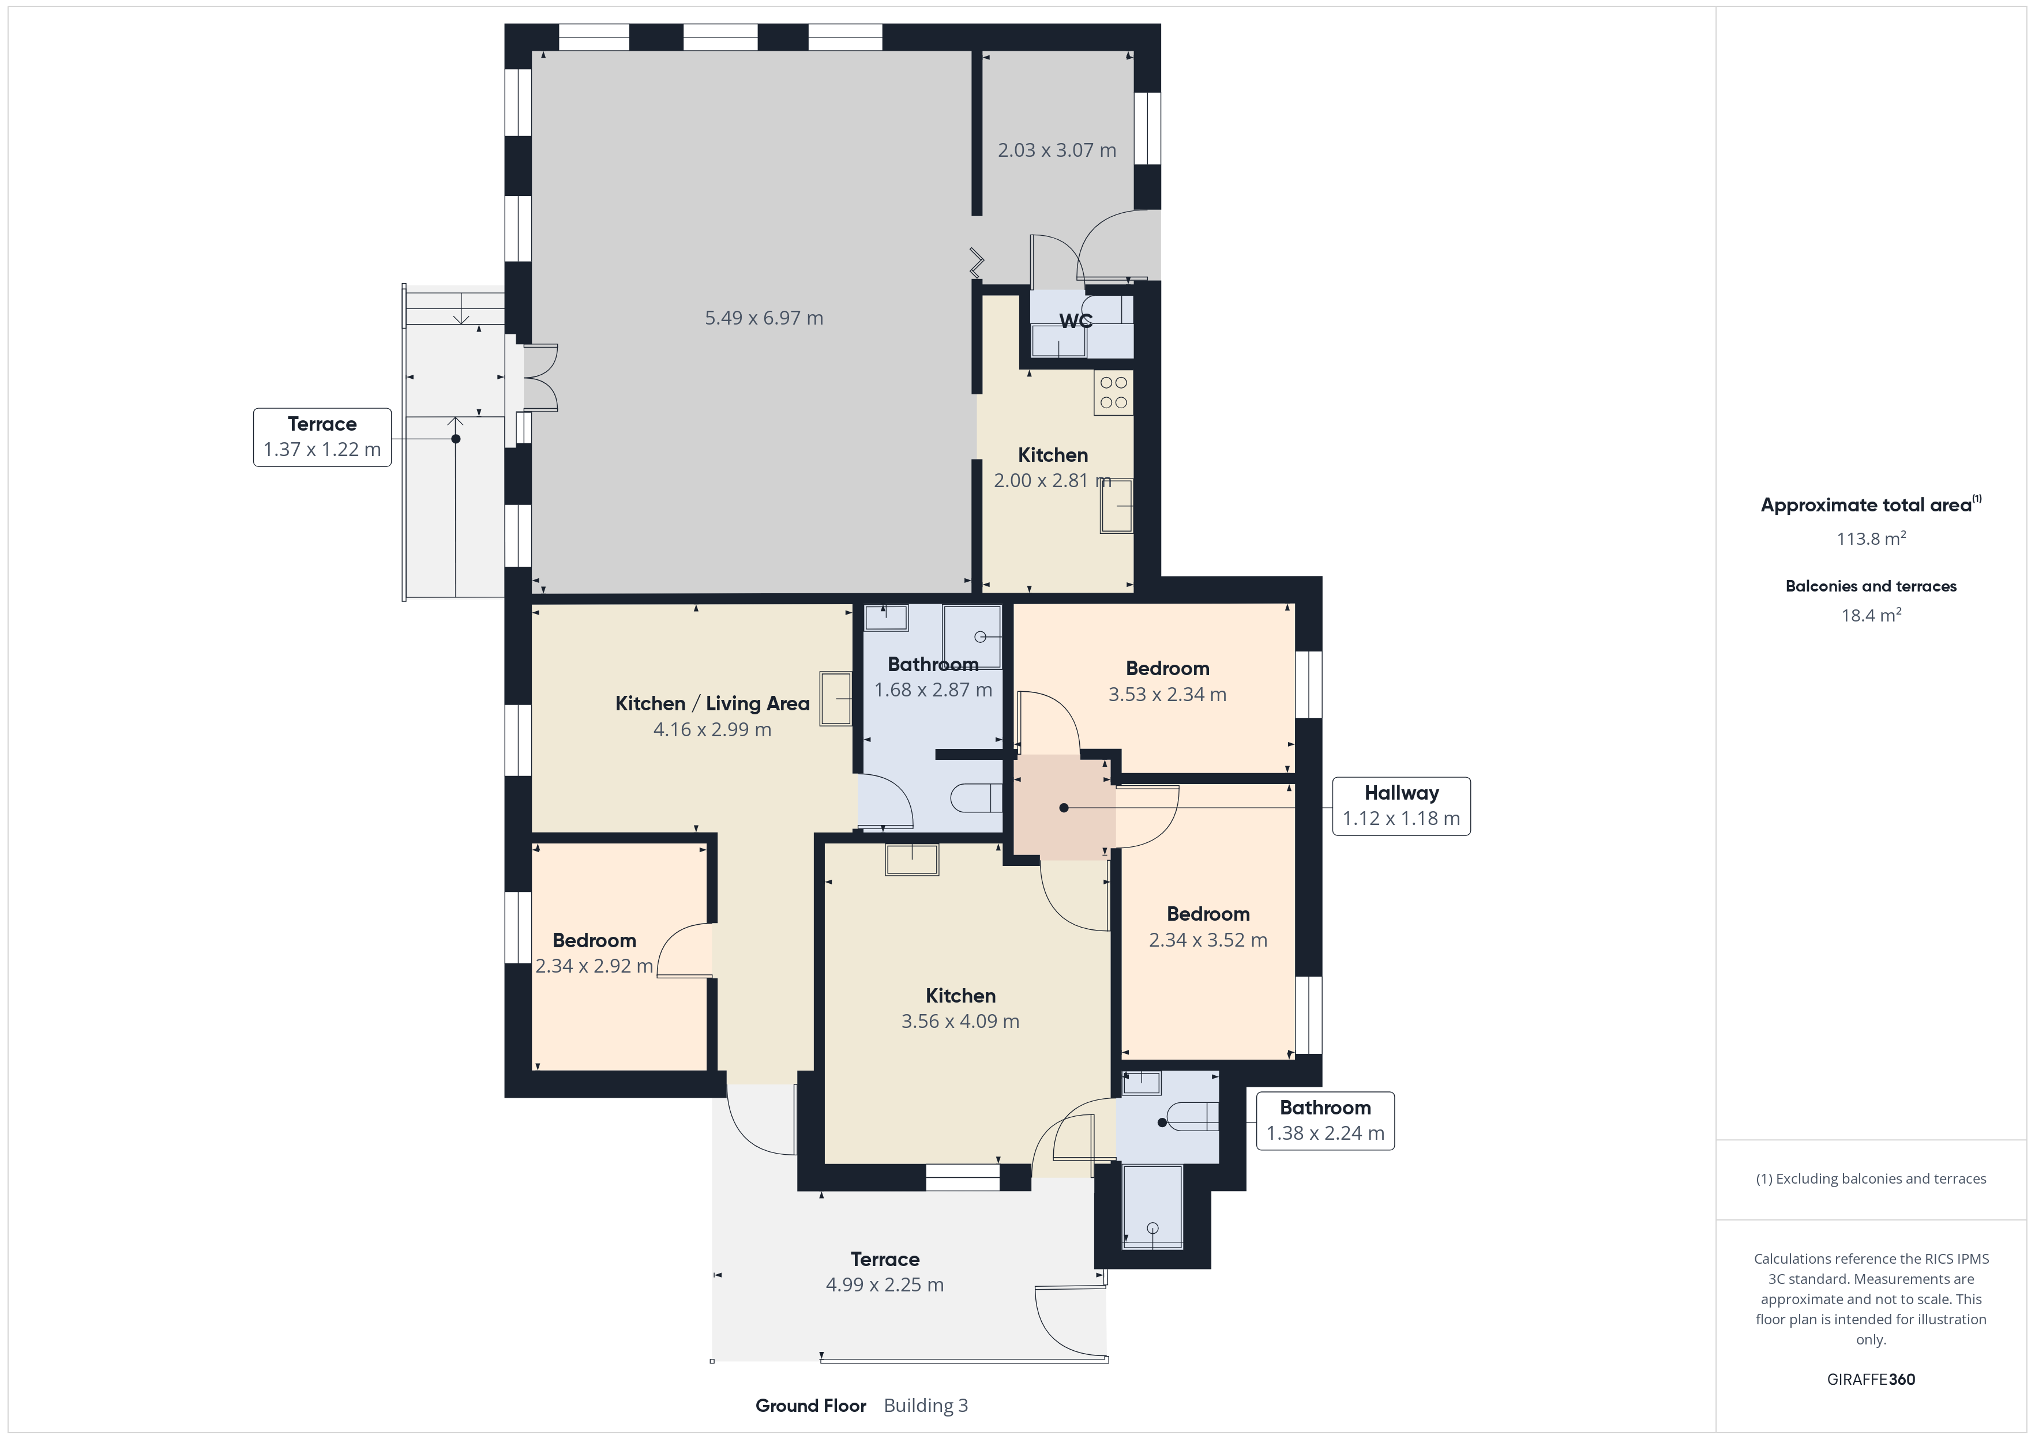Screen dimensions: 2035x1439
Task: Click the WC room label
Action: [x=1075, y=321]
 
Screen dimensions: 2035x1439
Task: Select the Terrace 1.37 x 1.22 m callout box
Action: [x=322, y=437]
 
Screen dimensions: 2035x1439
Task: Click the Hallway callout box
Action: [x=1401, y=807]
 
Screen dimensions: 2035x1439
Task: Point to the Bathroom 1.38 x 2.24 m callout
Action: [x=1325, y=1121]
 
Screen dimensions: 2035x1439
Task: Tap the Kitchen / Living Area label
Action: [x=712, y=703]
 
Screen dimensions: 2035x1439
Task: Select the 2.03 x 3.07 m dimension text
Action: [x=1057, y=150]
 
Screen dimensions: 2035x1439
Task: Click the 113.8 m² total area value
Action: [x=1871, y=538]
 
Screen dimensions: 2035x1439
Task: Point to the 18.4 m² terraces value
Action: [x=1871, y=615]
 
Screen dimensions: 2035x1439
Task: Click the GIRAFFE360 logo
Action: [x=1871, y=1378]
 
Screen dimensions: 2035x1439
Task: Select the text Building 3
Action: [x=926, y=1406]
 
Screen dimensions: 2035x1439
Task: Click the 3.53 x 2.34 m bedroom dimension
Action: [x=1167, y=695]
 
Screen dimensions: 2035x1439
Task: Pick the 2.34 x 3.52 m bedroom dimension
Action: [x=1208, y=940]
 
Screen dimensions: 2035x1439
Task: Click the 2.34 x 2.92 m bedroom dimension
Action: [x=594, y=966]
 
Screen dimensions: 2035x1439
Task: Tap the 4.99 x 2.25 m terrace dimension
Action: [x=885, y=1285]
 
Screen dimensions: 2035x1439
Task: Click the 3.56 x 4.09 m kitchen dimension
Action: [x=960, y=1021]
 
